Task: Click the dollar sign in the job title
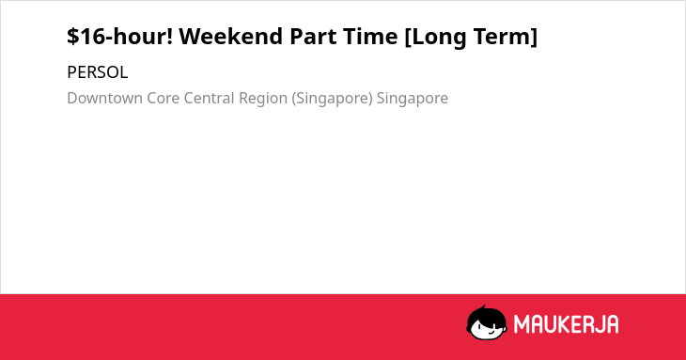click(73, 36)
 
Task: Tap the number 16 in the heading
click(93, 37)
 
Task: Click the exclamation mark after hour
click(170, 36)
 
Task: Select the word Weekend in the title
click(231, 36)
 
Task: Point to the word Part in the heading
click(313, 37)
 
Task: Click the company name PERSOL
click(98, 72)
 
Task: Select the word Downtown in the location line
click(105, 98)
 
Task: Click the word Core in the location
click(164, 98)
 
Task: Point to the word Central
click(210, 98)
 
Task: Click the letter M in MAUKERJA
click(522, 324)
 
